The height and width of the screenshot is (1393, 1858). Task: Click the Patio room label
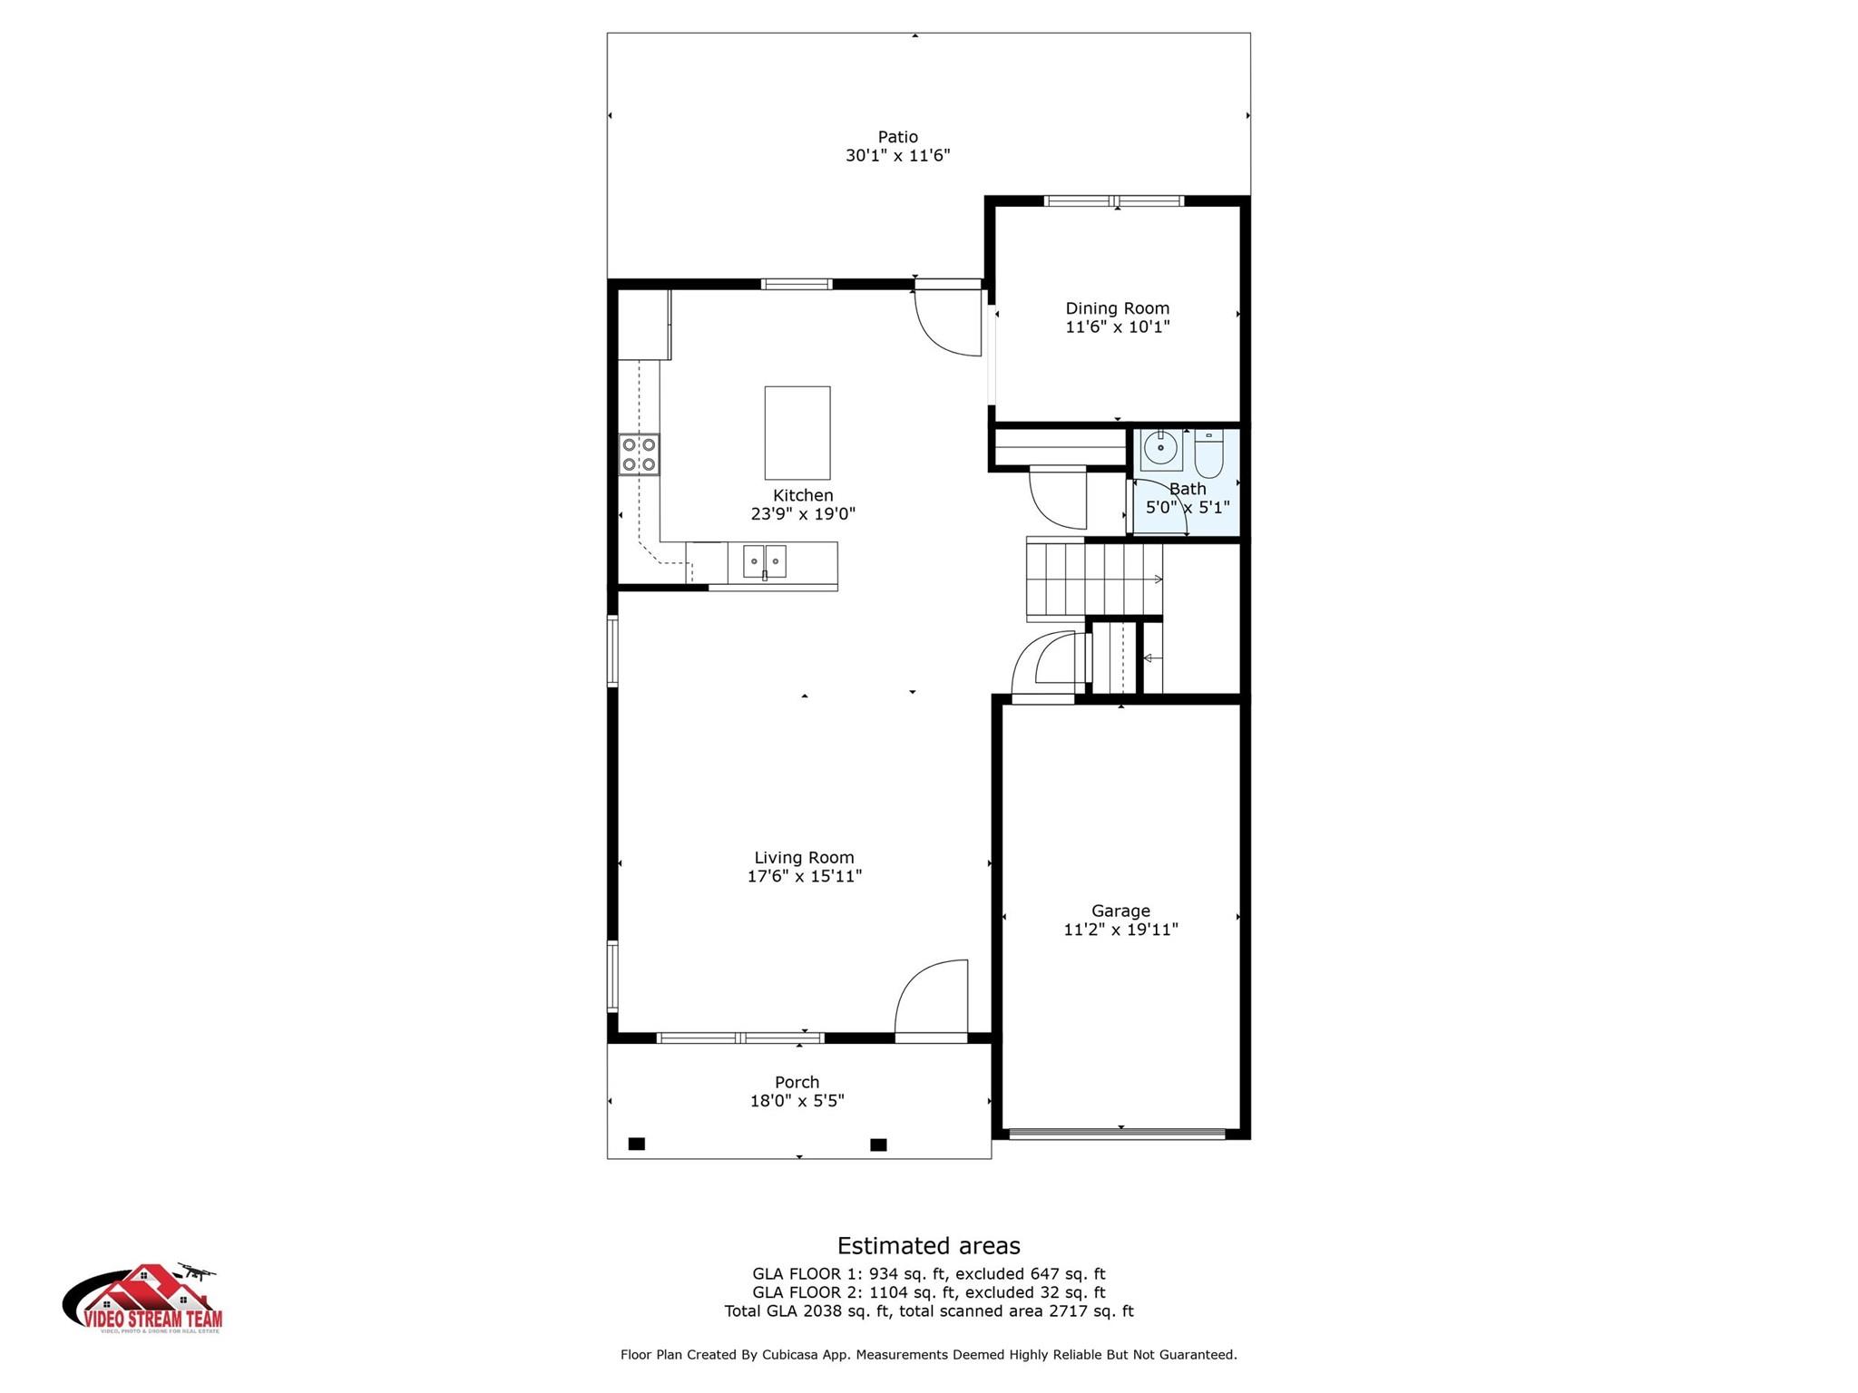click(x=897, y=137)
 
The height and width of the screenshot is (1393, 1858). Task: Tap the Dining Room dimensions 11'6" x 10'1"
click(x=1117, y=327)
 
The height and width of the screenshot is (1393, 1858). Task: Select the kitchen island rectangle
click(x=797, y=433)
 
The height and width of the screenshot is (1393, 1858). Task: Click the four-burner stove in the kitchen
click(x=639, y=454)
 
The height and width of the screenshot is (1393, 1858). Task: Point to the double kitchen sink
click(x=764, y=561)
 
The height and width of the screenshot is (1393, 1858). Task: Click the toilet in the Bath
click(x=1208, y=454)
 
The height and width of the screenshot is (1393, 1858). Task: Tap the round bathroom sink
click(x=1160, y=448)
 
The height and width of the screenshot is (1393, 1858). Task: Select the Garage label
click(x=1120, y=911)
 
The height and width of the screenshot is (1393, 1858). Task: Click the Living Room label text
click(x=804, y=857)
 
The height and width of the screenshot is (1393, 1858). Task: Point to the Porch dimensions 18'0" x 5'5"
click(x=797, y=1101)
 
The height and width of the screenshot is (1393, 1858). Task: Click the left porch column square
click(x=637, y=1144)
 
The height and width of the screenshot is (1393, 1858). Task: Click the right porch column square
click(x=878, y=1145)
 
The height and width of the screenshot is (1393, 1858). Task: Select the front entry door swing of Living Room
click(x=930, y=998)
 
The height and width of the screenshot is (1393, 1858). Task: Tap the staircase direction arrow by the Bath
click(x=1157, y=580)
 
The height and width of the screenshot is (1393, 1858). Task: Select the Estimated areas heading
click(x=928, y=1245)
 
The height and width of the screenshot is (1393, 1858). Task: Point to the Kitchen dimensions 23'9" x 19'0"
click(x=803, y=514)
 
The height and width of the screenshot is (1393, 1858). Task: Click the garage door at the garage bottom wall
click(x=1117, y=1133)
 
